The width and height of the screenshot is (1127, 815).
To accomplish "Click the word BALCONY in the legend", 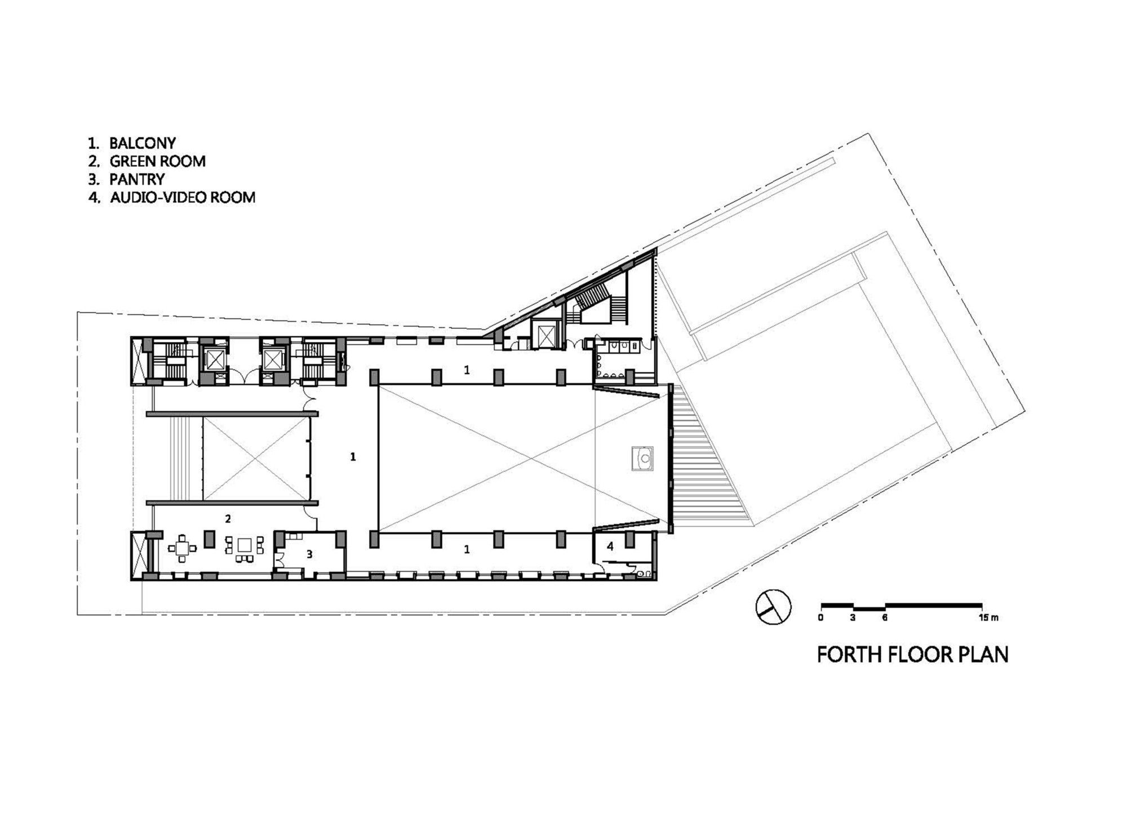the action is pos(143,143).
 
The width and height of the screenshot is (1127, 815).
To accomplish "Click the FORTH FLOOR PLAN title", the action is pos(912,655).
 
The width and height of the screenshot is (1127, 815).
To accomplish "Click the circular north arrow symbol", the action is pos(773,607).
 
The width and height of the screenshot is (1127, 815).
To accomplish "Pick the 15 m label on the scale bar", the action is pos(989,618).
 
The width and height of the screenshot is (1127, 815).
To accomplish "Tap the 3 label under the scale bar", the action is pos(853,618).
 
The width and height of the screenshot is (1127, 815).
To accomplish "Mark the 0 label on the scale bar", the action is pos(821,618).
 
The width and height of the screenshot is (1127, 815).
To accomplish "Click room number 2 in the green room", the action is pos(228,518).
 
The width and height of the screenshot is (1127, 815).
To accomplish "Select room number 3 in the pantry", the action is pos(309,554).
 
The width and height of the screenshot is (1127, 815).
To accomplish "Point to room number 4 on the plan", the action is pos(610,546).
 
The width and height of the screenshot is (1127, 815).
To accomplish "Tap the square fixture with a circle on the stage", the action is pos(643,458).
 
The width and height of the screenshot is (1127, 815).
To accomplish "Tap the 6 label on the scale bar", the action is pos(885,618).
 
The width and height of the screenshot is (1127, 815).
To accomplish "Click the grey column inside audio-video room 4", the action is pos(629,540).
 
